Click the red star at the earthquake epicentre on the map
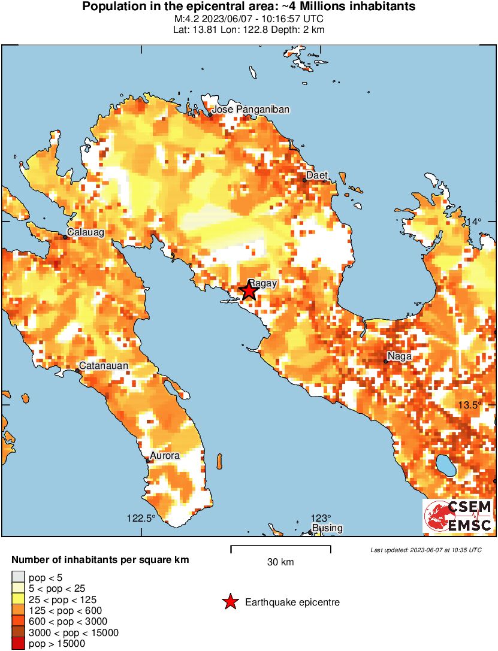(x=249, y=291)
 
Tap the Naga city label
(x=399, y=356)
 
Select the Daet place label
(x=317, y=175)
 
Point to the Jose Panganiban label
(x=251, y=109)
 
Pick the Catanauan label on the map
(x=105, y=365)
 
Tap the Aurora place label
(x=164, y=456)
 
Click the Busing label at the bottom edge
(x=327, y=528)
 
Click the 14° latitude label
(x=474, y=222)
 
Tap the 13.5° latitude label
(x=470, y=405)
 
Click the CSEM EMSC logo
(x=458, y=516)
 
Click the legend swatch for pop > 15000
(x=18, y=644)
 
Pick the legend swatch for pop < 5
(x=18, y=577)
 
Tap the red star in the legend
(x=230, y=602)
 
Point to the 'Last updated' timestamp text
(x=425, y=550)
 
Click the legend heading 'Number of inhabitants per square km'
(x=101, y=561)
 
